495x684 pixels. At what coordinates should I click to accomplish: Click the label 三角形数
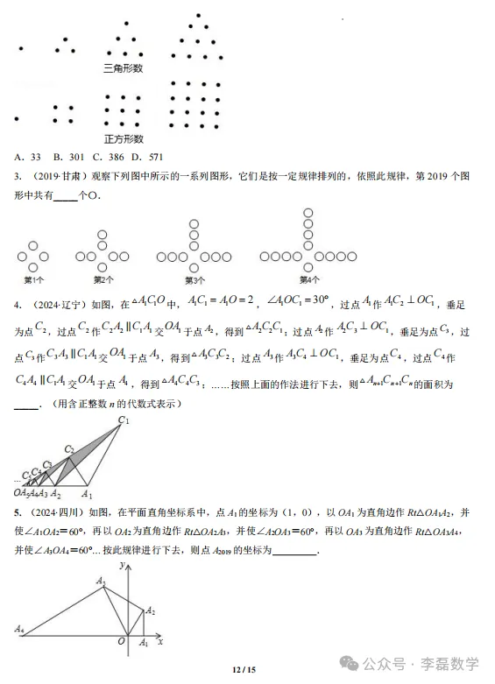tap(123, 68)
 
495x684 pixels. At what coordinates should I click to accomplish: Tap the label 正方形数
tap(123, 138)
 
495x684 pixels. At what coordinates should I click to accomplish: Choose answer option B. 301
tap(67, 158)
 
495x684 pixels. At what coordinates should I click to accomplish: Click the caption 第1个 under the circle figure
tap(34, 280)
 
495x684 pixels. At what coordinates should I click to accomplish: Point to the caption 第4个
tap(309, 280)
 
